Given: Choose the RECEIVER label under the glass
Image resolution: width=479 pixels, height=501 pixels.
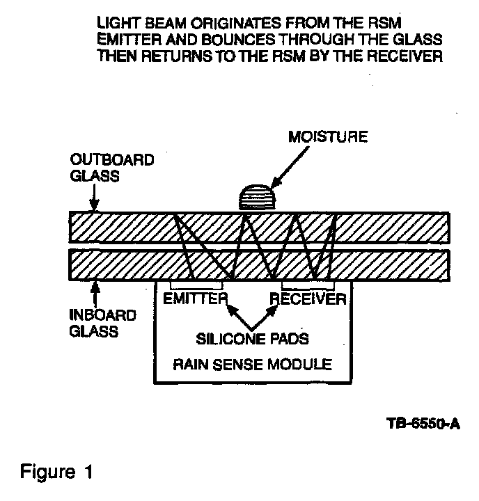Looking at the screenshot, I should [307, 300].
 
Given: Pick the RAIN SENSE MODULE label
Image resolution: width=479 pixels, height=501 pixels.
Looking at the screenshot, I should [253, 364].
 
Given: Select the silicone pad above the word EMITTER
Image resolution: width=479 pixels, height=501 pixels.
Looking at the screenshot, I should [197, 285].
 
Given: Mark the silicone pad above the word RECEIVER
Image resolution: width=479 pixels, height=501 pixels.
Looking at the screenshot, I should [307, 285].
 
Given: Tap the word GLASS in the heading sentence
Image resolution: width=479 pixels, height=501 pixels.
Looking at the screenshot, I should [414, 39].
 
